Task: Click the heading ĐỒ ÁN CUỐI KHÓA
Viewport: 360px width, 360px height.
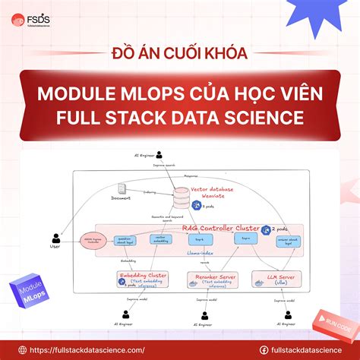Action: click(x=180, y=55)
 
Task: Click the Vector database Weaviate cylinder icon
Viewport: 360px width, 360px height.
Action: click(x=181, y=197)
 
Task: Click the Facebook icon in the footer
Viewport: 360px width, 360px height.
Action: click(x=264, y=349)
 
